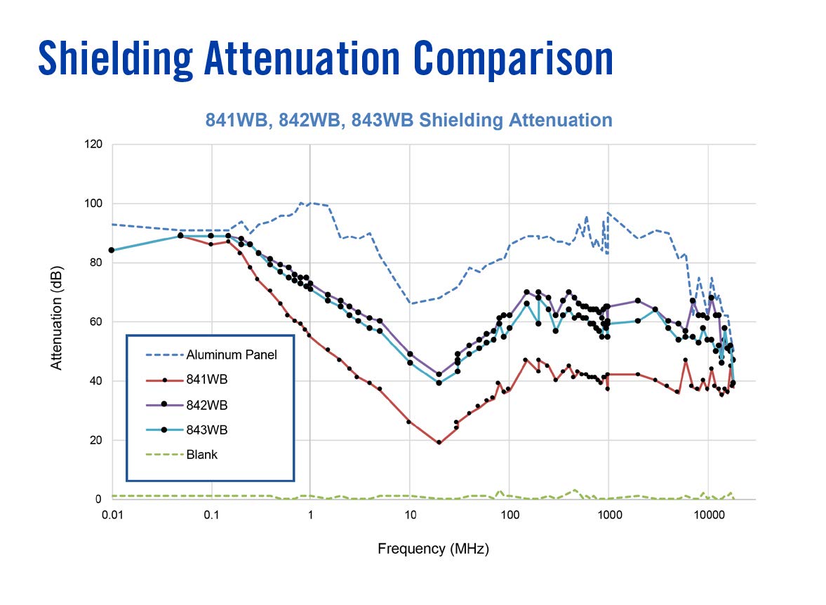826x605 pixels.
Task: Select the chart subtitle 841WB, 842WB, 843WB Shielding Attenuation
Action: (x=408, y=120)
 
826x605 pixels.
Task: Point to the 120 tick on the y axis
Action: (x=93, y=145)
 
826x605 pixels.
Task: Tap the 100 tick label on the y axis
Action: (x=93, y=204)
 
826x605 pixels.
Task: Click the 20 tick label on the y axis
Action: (x=96, y=440)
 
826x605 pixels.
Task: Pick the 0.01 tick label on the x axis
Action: (x=112, y=514)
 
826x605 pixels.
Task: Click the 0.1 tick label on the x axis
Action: (x=212, y=514)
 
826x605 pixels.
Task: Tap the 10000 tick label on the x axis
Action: (x=707, y=514)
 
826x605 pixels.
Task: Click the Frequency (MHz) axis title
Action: (x=433, y=549)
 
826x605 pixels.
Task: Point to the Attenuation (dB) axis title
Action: (x=57, y=321)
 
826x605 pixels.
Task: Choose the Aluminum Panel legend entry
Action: (x=232, y=354)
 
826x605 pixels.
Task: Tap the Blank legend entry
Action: (x=202, y=454)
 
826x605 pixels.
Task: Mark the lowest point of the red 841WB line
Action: (x=439, y=443)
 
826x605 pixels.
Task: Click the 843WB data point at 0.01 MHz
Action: (x=112, y=250)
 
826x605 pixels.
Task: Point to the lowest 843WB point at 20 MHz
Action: (x=439, y=383)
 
